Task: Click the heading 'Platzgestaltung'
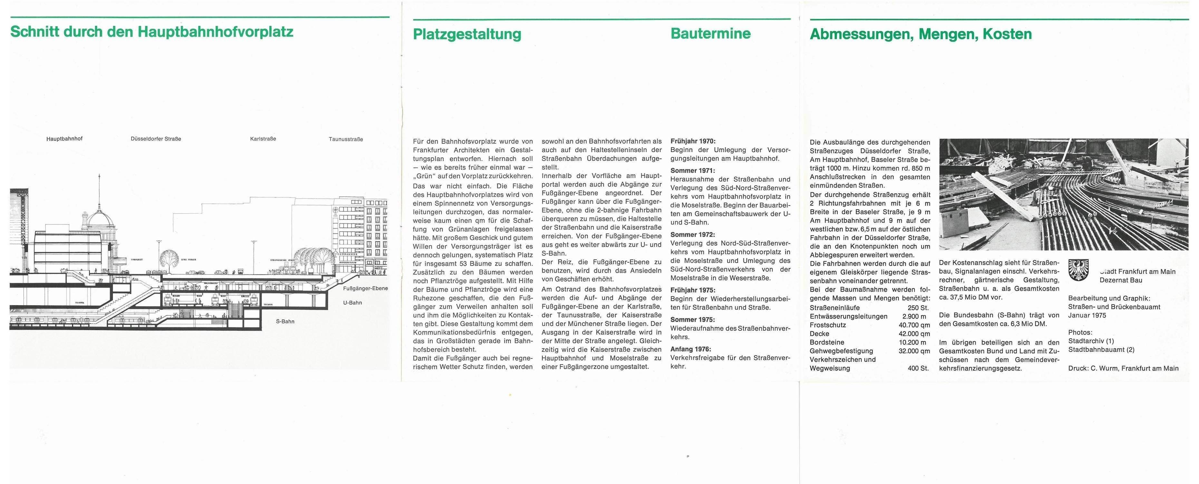[467, 34]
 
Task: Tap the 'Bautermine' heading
[710, 34]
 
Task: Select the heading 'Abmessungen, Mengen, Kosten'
[921, 34]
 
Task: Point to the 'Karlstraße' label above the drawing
[263, 139]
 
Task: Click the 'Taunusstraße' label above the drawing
[346, 139]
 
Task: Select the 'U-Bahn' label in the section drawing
[352, 303]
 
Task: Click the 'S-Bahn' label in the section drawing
[285, 321]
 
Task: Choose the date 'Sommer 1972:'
[692, 235]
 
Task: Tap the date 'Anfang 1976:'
[691, 349]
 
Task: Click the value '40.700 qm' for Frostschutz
[914, 325]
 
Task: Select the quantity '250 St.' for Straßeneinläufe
[918, 308]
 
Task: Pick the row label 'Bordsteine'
[827, 342]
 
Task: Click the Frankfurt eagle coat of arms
[1080, 270]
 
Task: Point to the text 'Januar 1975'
[1087, 315]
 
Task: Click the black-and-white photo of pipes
[1063, 194]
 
